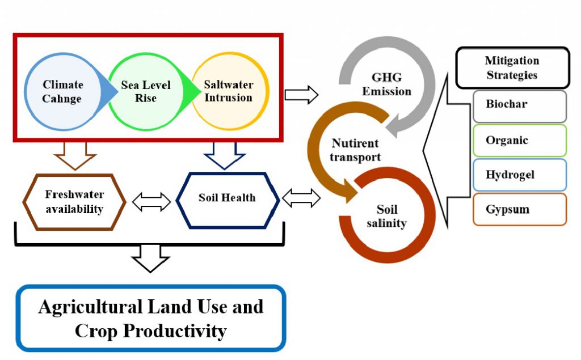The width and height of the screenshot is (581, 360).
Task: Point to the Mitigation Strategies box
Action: (x=512, y=68)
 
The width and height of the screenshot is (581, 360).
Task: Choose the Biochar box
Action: (x=520, y=106)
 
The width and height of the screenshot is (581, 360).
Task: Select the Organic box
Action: (x=520, y=141)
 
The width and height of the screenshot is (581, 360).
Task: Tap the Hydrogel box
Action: (x=520, y=175)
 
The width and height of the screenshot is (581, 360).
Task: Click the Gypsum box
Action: (x=520, y=209)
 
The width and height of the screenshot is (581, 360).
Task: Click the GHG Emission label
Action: (x=386, y=84)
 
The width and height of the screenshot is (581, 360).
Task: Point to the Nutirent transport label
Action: (x=355, y=150)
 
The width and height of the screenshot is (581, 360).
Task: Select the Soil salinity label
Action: (x=386, y=216)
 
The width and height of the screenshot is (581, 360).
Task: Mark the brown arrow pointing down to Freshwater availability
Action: (x=75, y=156)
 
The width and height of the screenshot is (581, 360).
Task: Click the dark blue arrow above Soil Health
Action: (x=225, y=156)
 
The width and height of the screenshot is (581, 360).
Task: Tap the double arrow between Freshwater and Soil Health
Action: (x=151, y=202)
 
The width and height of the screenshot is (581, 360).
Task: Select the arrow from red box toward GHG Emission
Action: (x=301, y=95)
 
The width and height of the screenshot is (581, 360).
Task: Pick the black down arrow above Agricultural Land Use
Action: (x=150, y=259)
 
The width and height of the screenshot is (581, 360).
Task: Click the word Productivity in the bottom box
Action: (x=175, y=331)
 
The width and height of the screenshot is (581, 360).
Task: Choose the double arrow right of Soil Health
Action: (x=301, y=198)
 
